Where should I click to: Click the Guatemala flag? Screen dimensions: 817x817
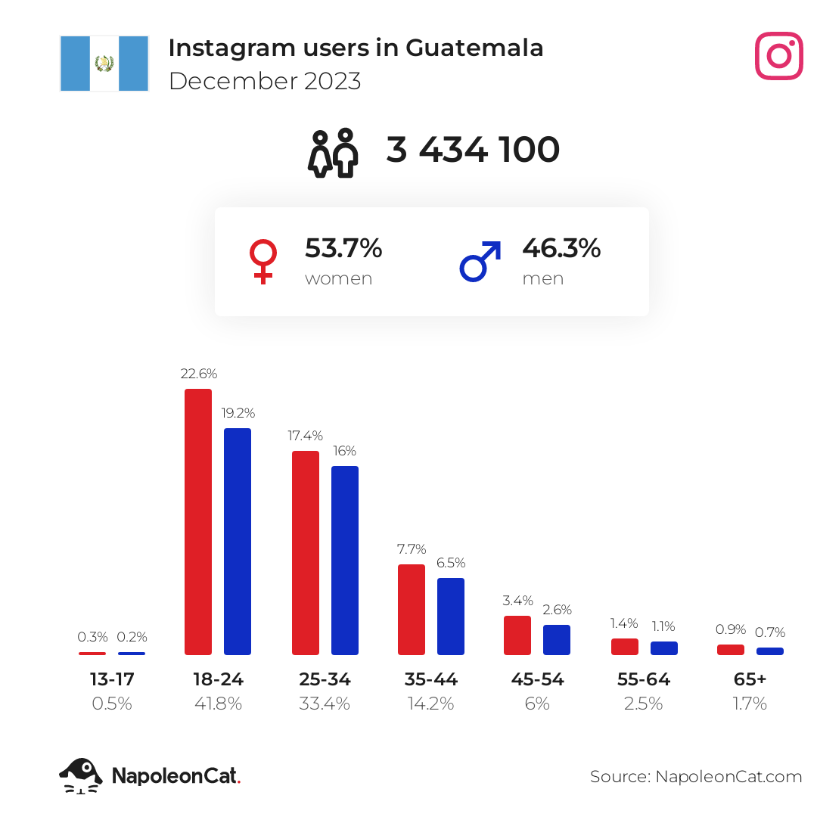click(x=104, y=64)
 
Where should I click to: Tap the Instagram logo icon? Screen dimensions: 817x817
click(x=778, y=56)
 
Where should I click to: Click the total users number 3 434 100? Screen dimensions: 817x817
click(x=473, y=150)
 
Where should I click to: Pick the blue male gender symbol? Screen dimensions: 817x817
click(x=480, y=261)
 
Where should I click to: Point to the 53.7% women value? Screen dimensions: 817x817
click(x=343, y=248)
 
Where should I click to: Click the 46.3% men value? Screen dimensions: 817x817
click(x=561, y=248)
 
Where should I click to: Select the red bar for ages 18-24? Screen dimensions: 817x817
click(x=198, y=521)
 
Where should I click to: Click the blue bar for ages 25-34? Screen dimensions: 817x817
click(x=345, y=560)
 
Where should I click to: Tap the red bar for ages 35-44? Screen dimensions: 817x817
click(x=412, y=610)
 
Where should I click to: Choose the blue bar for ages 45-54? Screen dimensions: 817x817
click(x=557, y=640)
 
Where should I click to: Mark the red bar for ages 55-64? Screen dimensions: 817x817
click(x=625, y=647)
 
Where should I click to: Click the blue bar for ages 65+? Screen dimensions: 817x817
click(x=770, y=651)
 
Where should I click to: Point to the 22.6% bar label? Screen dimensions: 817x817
click(x=199, y=374)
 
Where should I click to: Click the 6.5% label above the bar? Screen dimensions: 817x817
click(x=451, y=563)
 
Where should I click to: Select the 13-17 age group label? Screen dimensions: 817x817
click(x=112, y=679)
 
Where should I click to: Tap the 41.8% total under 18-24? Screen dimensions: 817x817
click(x=219, y=704)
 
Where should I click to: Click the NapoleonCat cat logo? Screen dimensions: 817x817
click(x=81, y=776)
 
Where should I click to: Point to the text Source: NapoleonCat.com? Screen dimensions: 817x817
click(x=696, y=777)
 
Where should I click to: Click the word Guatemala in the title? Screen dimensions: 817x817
click(x=474, y=48)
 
